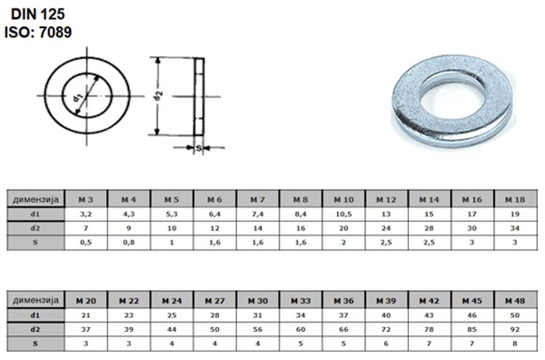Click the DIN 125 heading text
tap(38, 15)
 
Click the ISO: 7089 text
tap(38, 32)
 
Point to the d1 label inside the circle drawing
tap(77, 98)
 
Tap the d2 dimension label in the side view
tap(158, 96)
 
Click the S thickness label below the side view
tap(199, 148)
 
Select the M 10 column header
tap(343, 200)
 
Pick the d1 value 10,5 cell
tap(343, 215)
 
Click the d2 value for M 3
tap(85, 228)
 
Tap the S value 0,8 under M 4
tap(129, 243)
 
